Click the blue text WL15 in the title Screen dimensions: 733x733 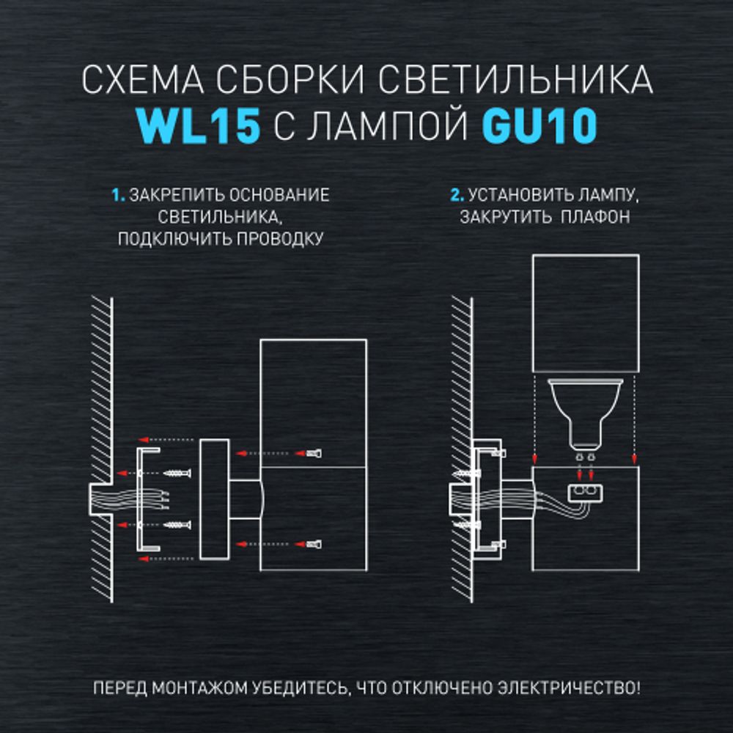[x=199, y=126]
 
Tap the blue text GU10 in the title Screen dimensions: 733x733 [x=539, y=126]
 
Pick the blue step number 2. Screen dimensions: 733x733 [x=457, y=196]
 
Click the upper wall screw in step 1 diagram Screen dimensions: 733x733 [x=178, y=473]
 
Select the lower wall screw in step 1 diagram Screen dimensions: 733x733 [x=178, y=525]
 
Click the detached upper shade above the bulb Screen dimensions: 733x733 [x=585, y=313]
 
